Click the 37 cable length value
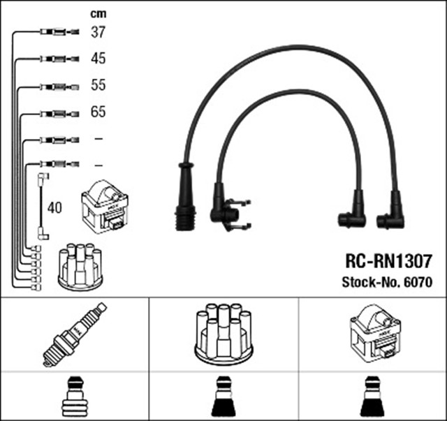point(98,31)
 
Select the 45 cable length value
point(98,59)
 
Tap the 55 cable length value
point(98,85)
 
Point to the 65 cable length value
point(98,112)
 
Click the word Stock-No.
point(367,283)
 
